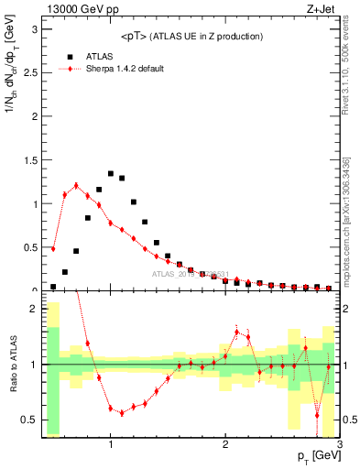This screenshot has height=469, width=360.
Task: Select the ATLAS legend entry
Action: pyautogui.click(x=99, y=55)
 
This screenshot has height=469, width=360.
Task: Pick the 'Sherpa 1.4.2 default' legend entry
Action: pyautogui.click(x=125, y=69)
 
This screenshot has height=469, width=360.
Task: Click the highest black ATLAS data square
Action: pyautogui.click(x=111, y=173)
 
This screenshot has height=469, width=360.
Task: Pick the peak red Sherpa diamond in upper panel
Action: pyautogui.click(x=76, y=186)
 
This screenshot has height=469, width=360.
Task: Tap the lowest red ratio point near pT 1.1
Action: pyautogui.click(x=122, y=413)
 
